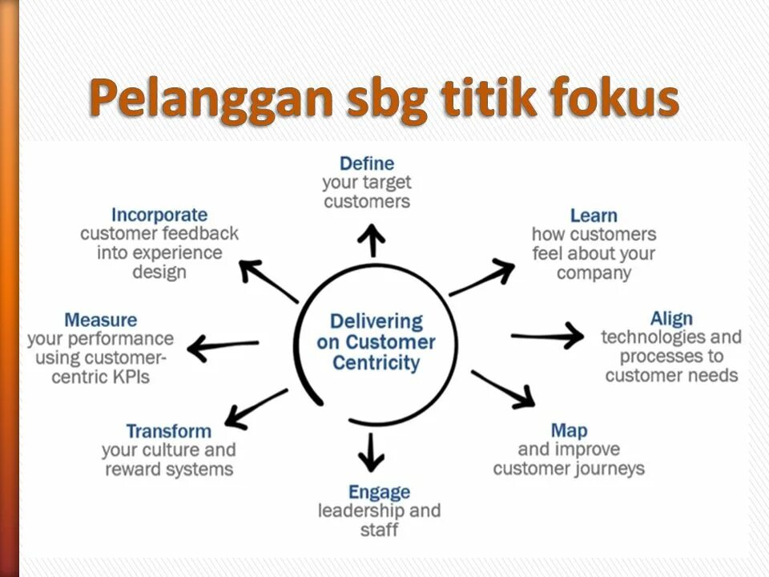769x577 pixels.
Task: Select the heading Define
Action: point(367,163)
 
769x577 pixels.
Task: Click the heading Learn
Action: point(594,216)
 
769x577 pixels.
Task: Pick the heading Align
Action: point(671,318)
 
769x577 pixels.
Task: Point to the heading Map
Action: point(569,430)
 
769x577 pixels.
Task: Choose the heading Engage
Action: point(379,491)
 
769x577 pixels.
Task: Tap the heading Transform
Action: point(168,431)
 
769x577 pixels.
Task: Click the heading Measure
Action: point(100,320)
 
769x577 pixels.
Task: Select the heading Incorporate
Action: point(159,215)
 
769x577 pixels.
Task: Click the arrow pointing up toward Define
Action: point(372,240)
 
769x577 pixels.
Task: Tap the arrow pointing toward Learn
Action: point(482,277)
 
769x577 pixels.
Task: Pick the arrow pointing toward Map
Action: point(503,389)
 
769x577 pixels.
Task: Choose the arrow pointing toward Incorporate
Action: point(268,281)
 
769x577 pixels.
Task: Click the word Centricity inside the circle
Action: point(376,362)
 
